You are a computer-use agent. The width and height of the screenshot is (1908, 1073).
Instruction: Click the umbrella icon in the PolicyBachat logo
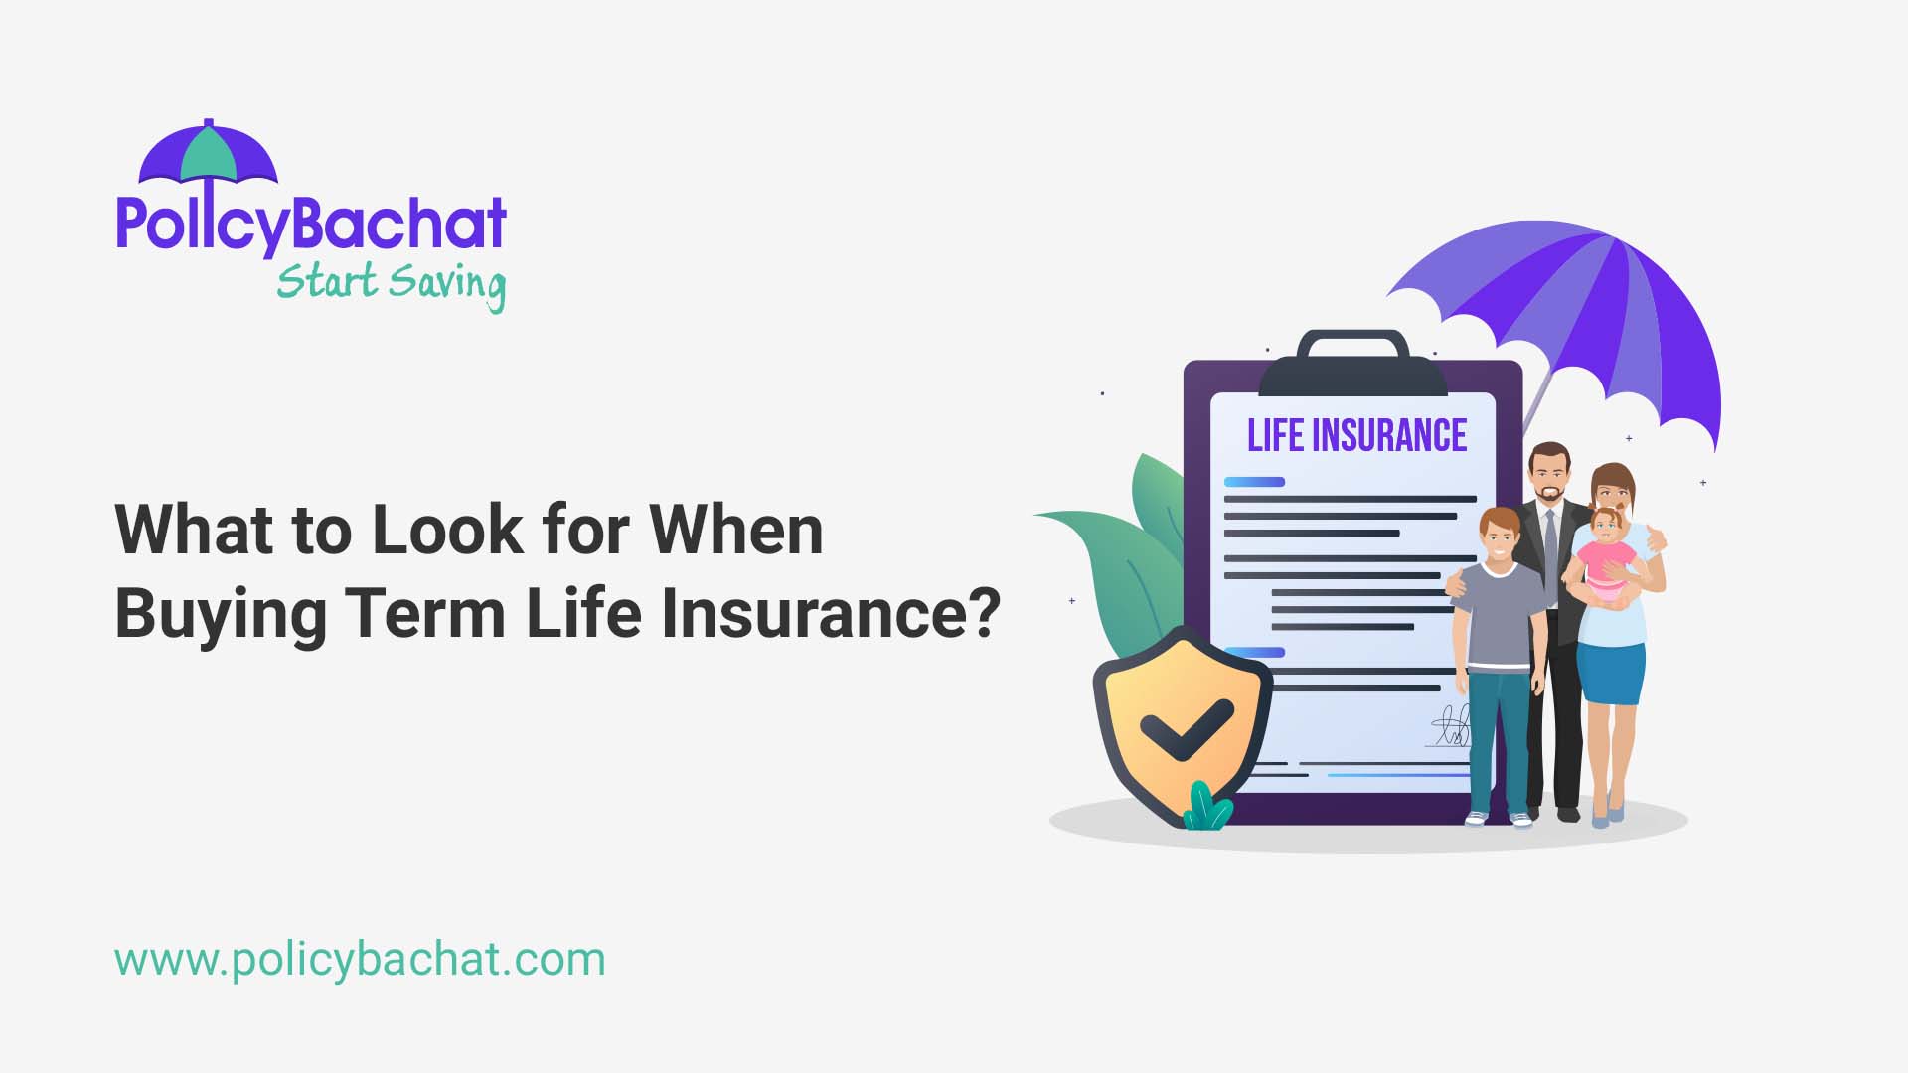tap(209, 154)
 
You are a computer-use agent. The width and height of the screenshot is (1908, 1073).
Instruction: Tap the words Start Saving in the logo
tap(391, 283)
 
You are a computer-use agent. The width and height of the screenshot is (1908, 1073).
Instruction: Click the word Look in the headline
tap(446, 530)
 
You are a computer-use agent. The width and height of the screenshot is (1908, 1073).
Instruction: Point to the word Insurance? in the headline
tap(831, 612)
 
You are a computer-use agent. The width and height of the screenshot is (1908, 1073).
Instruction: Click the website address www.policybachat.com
tap(360, 960)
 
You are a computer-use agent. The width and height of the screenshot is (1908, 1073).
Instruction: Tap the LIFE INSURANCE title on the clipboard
tap(1356, 436)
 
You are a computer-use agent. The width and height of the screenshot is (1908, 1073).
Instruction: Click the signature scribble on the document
tap(1450, 726)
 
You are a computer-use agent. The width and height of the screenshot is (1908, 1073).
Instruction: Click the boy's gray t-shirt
tap(1499, 616)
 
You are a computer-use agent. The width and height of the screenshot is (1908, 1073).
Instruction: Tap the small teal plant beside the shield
tap(1206, 808)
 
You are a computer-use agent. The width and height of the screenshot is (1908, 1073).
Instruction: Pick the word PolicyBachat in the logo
tap(311, 224)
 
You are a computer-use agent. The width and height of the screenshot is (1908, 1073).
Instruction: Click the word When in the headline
tap(736, 530)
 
